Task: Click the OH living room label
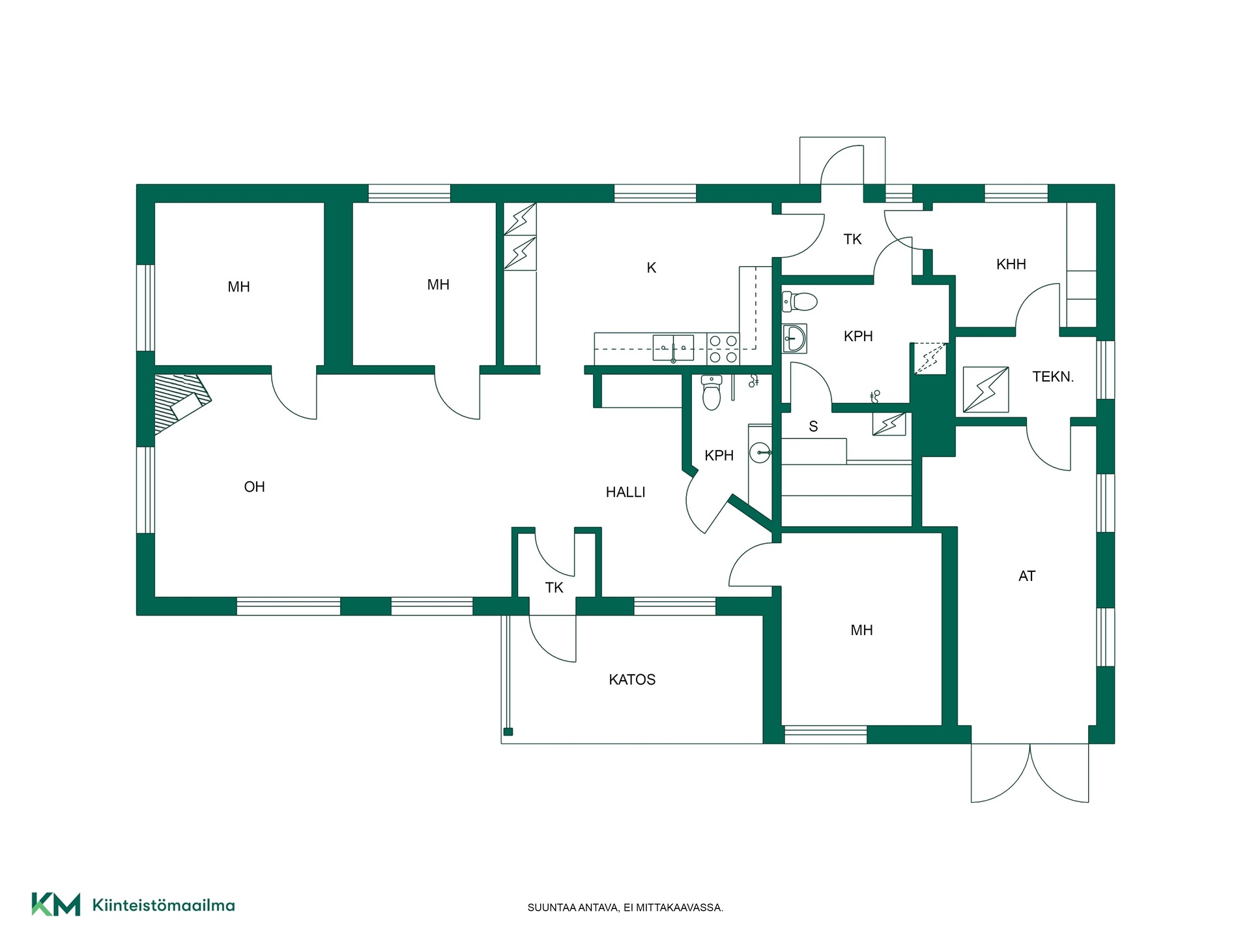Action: point(254,487)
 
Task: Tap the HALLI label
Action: point(625,492)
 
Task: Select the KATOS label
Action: point(632,679)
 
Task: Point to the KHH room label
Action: point(1011,264)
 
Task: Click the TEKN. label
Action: point(1053,376)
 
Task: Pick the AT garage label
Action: point(1027,576)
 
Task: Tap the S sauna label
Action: point(813,426)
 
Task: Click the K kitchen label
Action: point(652,267)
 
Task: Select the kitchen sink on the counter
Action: point(673,348)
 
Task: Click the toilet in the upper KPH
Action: point(799,301)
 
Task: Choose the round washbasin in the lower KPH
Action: point(760,452)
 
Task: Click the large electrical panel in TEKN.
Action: point(986,390)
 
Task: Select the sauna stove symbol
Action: point(889,424)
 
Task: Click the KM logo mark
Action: point(56,904)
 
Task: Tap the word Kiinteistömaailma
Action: point(164,905)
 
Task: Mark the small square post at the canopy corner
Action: point(508,732)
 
